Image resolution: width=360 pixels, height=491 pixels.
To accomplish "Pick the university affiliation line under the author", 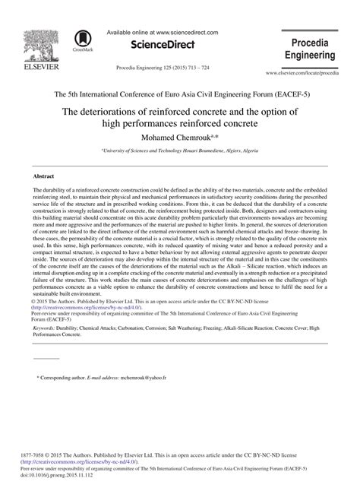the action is click(179, 151).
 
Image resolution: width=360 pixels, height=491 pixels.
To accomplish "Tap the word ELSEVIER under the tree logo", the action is click(31, 67).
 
